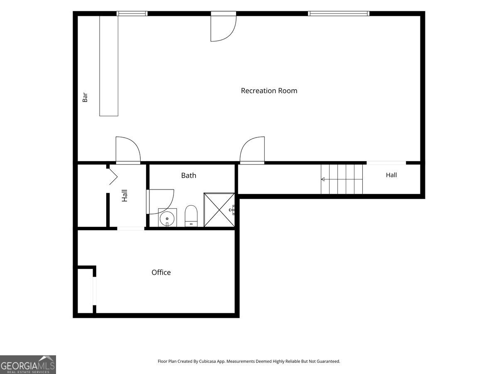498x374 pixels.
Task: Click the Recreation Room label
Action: tap(269, 91)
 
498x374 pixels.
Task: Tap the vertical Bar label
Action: tap(85, 97)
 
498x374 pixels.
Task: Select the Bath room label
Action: tap(188, 175)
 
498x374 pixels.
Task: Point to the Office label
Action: tap(161, 272)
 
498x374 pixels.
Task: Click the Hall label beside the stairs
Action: tap(391, 175)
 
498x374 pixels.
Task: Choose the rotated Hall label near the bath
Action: tap(124, 195)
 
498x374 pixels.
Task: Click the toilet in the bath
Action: tap(191, 216)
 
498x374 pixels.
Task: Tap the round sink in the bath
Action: tap(167, 219)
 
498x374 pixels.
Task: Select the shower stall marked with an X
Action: tap(219, 210)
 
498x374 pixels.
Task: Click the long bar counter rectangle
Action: tap(109, 66)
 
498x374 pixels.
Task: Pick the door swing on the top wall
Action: tap(223, 28)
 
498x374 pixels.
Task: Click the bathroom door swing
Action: tap(160, 202)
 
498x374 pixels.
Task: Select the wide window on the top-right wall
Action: tap(339, 14)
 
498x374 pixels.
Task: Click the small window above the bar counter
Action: tap(132, 14)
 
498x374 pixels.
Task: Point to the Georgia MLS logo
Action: tap(28, 364)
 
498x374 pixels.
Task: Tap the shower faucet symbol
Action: tap(232, 210)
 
